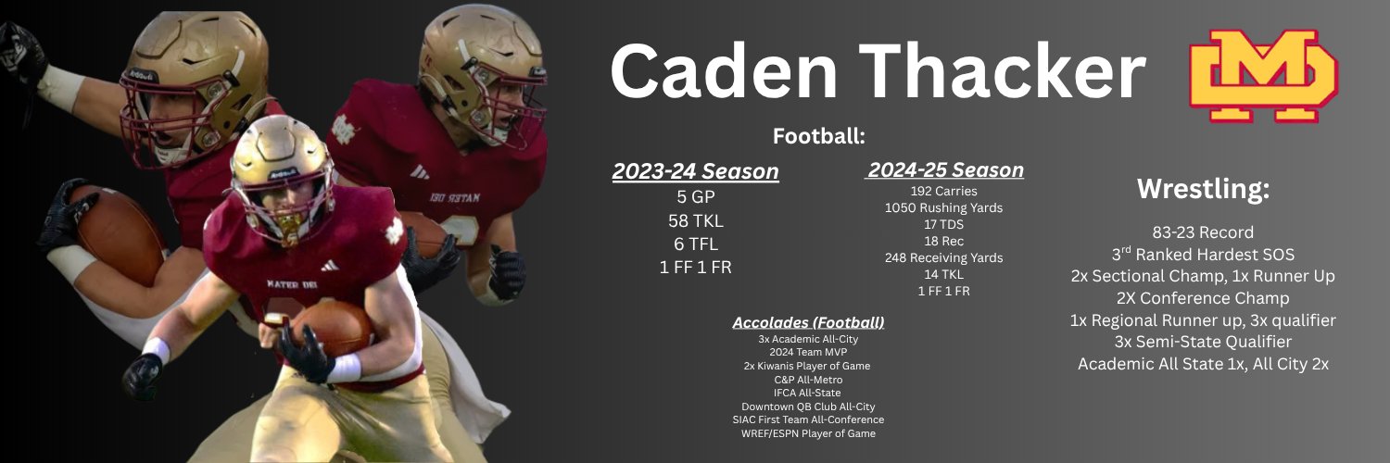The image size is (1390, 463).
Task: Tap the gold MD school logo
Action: pyautogui.click(x=1262, y=76)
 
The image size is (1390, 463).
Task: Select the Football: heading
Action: pyautogui.click(x=819, y=136)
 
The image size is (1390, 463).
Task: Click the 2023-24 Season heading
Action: pyautogui.click(x=695, y=171)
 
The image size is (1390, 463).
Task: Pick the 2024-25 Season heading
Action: pyautogui.click(x=945, y=170)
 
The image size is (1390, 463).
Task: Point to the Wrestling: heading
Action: pyautogui.click(x=1203, y=190)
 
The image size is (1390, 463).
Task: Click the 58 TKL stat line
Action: pyautogui.click(x=695, y=220)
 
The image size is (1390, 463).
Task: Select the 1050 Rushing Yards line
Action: pyautogui.click(x=944, y=207)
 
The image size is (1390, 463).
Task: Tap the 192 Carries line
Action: pyautogui.click(x=944, y=191)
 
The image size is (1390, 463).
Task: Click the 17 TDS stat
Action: pyautogui.click(x=944, y=224)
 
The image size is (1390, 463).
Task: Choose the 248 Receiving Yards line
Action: pyautogui.click(x=944, y=257)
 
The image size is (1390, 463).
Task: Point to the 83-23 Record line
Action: pyautogui.click(x=1203, y=232)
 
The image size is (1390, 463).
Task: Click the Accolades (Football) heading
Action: pyautogui.click(x=808, y=322)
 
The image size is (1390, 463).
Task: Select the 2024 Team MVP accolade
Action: pyautogui.click(x=808, y=353)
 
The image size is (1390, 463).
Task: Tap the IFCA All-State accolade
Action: pyautogui.click(x=808, y=393)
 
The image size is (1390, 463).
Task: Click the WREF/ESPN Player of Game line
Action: pyautogui.click(x=808, y=433)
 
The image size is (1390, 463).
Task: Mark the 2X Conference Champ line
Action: pyautogui.click(x=1203, y=298)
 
